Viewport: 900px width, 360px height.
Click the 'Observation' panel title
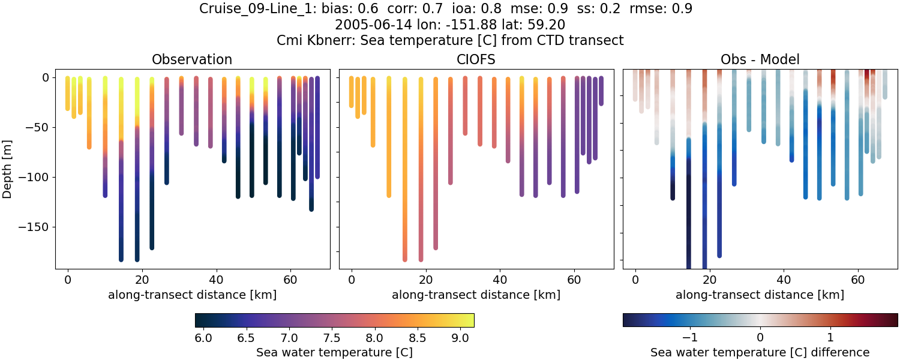pyautogui.click(x=192, y=59)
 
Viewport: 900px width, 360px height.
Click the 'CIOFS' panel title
pyautogui.click(x=476, y=59)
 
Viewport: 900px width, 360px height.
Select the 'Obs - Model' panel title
pyautogui.click(x=760, y=59)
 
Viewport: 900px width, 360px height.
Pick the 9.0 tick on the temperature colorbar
pyautogui.click(x=460, y=338)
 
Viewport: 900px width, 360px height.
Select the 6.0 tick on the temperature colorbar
pyautogui.click(x=203, y=338)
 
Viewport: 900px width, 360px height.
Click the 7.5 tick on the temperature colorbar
pyautogui.click(x=332, y=338)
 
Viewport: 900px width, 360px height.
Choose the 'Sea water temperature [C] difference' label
pyautogui.click(x=760, y=352)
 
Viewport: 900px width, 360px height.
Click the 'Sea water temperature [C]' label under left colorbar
pyautogui.click(x=334, y=352)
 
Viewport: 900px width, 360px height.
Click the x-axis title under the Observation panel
pyautogui.click(x=192, y=295)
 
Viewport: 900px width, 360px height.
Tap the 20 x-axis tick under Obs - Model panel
pyautogui.click(x=709, y=280)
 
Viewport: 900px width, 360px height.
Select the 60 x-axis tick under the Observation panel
pyautogui.click(x=290, y=280)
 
